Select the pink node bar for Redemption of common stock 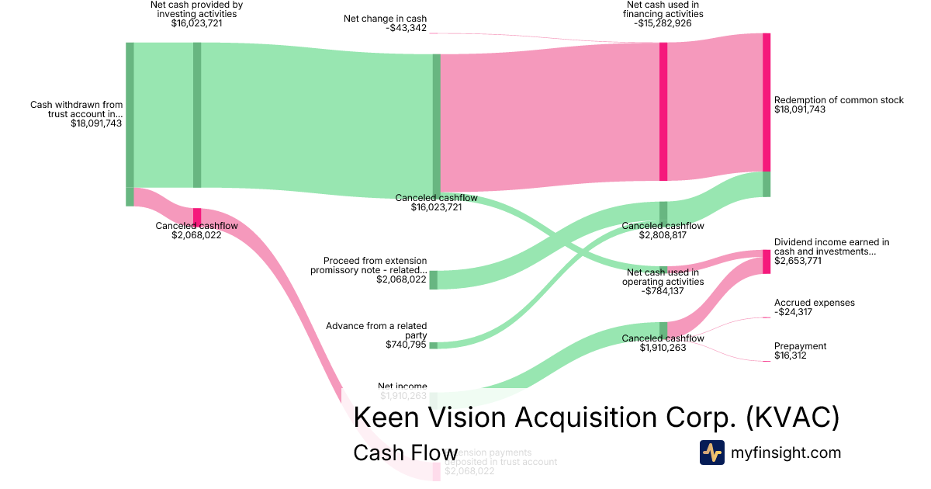(x=767, y=102)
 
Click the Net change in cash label (x=386, y=19)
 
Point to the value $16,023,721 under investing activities (x=196, y=23)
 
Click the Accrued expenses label (x=814, y=303)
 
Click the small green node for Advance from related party (x=434, y=345)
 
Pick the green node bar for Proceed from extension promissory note (x=434, y=280)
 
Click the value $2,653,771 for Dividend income (x=800, y=261)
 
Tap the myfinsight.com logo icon (x=711, y=453)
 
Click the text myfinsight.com (x=786, y=453)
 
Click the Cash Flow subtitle (x=405, y=453)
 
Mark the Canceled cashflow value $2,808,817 (x=663, y=234)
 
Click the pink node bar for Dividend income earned (x=767, y=262)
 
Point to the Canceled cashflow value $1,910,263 (x=663, y=349)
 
